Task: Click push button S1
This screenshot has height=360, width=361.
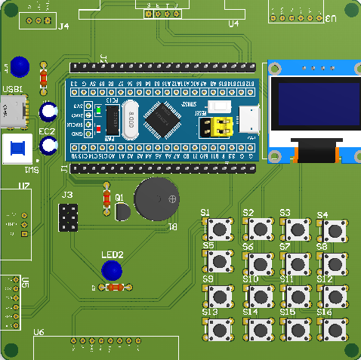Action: (x=221, y=228)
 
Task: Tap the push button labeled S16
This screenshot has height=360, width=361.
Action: (x=334, y=328)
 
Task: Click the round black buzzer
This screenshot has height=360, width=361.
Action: (x=157, y=199)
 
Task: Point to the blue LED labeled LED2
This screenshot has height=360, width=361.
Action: (x=112, y=270)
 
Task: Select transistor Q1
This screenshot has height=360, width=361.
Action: (x=122, y=214)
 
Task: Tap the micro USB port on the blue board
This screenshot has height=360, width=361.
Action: (x=249, y=119)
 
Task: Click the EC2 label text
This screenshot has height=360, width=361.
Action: (x=47, y=131)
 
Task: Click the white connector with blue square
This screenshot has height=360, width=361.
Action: (x=18, y=149)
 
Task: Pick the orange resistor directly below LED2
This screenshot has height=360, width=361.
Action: (x=114, y=288)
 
